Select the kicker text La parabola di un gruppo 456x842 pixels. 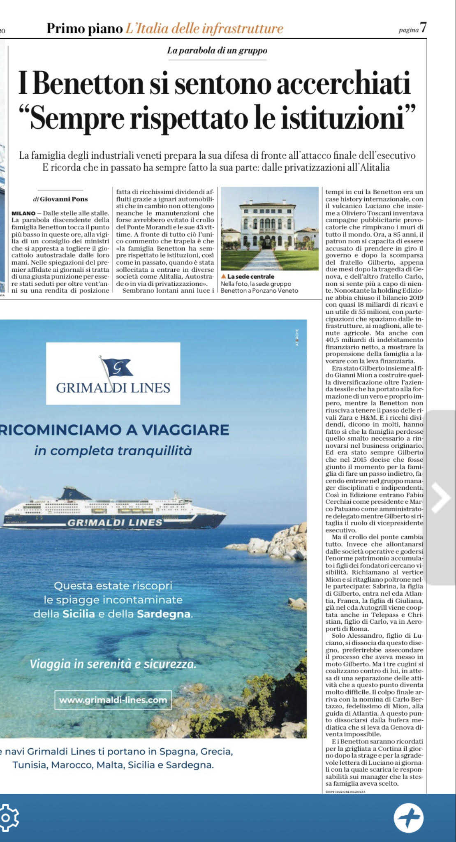pyautogui.click(x=217, y=51)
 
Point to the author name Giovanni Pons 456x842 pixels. pyautogui.click(x=64, y=199)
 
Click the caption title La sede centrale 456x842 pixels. pyautogui.click(x=251, y=277)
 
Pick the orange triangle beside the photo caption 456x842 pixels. pyautogui.click(x=223, y=277)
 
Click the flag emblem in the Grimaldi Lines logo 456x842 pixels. pyautogui.click(x=116, y=366)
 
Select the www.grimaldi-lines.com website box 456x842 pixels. pyautogui.click(x=113, y=700)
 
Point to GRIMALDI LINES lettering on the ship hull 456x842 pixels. pyautogui.click(x=115, y=523)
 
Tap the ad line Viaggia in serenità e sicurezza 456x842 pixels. pyautogui.click(x=113, y=664)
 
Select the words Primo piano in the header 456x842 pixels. pyautogui.click(x=85, y=28)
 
